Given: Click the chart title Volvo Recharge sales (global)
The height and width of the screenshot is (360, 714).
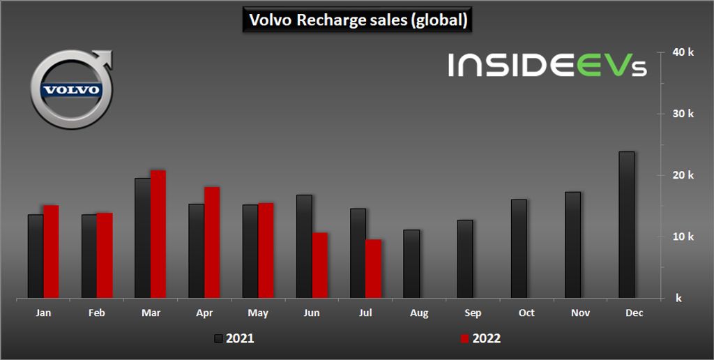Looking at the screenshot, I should tap(358, 20).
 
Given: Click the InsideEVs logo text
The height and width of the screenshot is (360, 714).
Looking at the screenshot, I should tap(547, 65).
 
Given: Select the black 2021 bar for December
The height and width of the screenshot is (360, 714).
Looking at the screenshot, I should tap(626, 225).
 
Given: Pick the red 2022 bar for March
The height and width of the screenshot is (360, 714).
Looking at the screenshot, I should tap(158, 234).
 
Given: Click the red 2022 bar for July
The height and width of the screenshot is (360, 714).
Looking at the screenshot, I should tap(373, 269).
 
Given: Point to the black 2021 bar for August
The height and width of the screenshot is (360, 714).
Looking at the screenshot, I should tap(411, 264).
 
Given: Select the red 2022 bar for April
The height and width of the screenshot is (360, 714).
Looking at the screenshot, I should tap(212, 242).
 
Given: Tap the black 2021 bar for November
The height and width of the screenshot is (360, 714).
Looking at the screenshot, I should tap(572, 245).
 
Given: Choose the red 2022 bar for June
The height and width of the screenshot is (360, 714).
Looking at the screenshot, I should tap(319, 265).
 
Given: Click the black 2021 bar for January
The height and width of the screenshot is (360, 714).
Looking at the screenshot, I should tap(36, 256).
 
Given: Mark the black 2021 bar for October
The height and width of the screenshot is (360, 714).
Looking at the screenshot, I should tap(519, 248).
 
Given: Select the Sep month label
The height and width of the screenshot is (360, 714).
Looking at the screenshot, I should tap(473, 313).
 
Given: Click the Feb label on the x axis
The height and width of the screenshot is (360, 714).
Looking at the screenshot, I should tap(97, 313).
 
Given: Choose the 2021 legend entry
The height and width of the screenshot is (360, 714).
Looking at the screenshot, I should tap(234, 339).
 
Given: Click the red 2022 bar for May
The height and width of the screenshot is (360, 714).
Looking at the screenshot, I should tap(266, 250).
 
